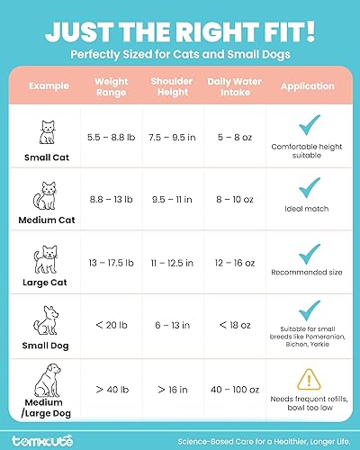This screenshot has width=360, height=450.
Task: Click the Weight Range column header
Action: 112,86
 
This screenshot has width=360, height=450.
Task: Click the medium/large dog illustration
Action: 43,383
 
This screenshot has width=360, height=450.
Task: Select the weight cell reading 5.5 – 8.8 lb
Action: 112,139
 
